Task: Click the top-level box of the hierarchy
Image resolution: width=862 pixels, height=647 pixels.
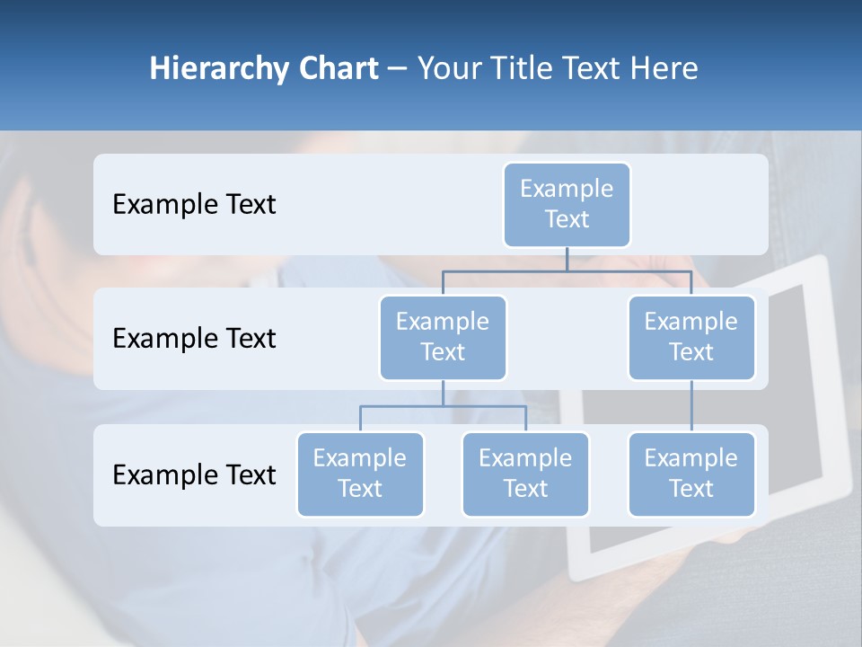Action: tap(567, 204)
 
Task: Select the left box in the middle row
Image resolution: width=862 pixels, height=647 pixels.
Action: tap(443, 337)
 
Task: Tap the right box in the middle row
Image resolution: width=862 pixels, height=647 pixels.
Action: tap(691, 337)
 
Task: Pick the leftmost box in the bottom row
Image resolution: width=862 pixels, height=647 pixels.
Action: tap(360, 474)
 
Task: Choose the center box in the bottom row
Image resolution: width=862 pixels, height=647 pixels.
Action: tap(525, 474)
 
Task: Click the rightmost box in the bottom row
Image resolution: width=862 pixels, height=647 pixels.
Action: tap(691, 474)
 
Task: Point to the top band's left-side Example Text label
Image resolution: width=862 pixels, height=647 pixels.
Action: tap(194, 205)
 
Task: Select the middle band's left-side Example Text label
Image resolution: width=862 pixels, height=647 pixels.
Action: tap(194, 339)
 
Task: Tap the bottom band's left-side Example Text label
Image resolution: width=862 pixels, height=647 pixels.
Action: tap(194, 475)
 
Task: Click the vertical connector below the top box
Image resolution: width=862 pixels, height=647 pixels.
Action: tap(567, 259)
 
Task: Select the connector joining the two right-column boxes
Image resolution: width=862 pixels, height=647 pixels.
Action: tap(691, 406)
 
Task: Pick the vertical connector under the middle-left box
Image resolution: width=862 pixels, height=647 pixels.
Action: tap(443, 393)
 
